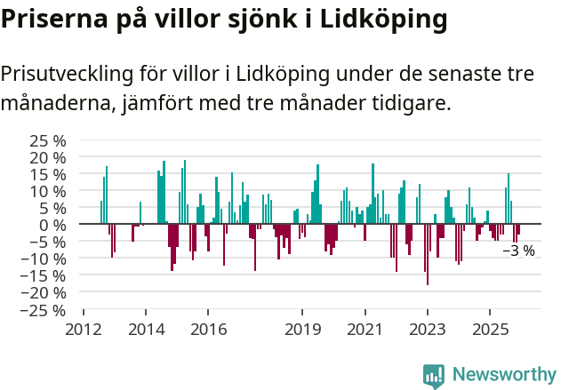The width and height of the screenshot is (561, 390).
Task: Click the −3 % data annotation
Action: pos(519,251)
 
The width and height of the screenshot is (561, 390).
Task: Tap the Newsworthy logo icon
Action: pos(434,375)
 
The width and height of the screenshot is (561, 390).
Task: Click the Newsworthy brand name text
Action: pos(503,375)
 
